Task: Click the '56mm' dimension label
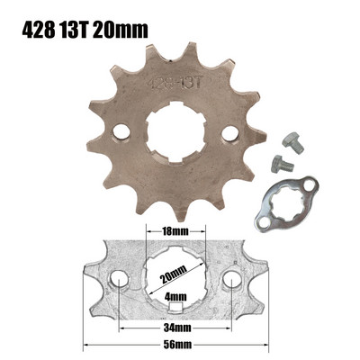coord(176,346)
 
